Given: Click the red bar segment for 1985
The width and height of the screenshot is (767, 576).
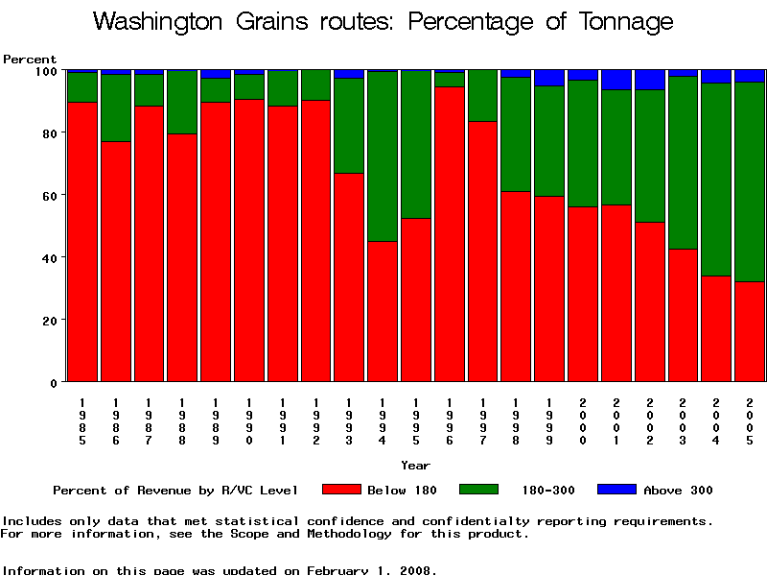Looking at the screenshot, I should (82, 240).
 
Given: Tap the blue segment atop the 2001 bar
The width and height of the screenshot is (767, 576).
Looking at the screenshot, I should (616, 80).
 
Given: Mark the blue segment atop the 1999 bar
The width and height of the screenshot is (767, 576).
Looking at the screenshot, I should (549, 78).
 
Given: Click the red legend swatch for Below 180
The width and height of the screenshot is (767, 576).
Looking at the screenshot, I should (341, 490).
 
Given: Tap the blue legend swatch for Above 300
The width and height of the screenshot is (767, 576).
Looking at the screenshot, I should (616, 490).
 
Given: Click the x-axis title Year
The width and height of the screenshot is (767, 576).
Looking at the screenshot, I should (415, 466).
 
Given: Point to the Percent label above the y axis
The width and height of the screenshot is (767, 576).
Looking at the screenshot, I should (30, 60).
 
